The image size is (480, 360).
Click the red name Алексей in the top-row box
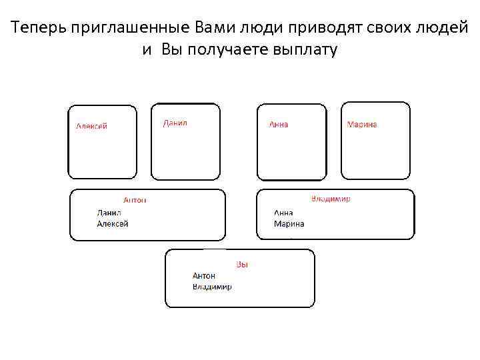91,126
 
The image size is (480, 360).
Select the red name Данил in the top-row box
175,123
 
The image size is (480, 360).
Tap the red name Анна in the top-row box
279,124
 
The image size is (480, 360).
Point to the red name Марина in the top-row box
362,124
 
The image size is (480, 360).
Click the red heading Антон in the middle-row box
135,200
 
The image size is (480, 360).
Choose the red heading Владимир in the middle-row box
330,199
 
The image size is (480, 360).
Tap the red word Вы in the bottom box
242,265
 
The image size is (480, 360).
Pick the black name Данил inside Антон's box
109,213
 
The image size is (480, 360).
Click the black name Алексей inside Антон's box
113,224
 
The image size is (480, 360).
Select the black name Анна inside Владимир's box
283,213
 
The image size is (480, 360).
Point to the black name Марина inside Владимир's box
289,224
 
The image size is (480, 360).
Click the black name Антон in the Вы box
204,275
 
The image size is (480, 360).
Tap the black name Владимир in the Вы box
212,287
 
